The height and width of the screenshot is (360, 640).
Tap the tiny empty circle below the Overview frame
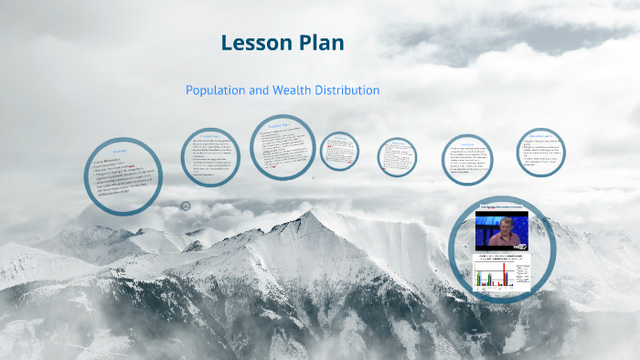click(186, 206)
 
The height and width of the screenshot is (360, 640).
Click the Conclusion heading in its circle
click(465, 143)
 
